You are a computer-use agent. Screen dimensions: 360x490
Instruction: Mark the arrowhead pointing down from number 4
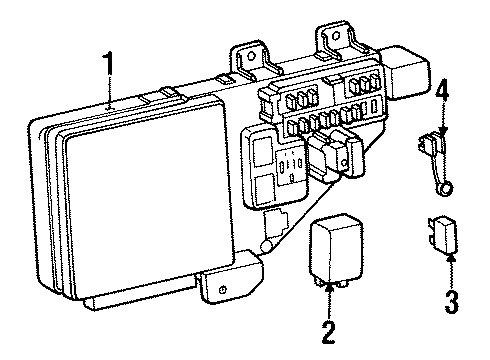442,131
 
